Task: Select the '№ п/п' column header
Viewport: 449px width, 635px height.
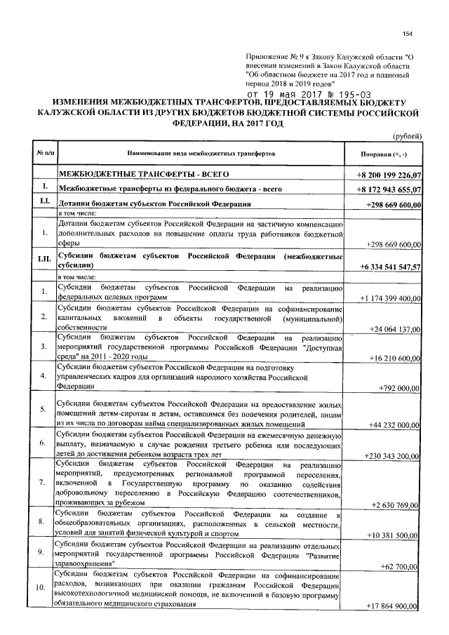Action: point(43,152)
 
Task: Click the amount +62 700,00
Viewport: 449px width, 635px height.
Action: point(401,565)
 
